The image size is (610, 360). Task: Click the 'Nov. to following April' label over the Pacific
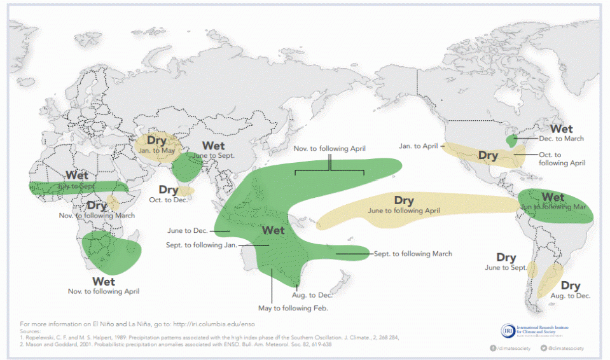coord(329,148)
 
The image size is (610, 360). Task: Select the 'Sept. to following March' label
coord(413,254)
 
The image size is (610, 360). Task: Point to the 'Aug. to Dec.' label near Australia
coord(312,295)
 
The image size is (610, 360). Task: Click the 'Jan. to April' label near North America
coord(419,146)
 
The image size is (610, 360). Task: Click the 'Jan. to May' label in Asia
coord(156,151)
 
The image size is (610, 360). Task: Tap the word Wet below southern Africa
coord(104,280)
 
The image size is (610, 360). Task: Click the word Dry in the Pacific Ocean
coord(404,201)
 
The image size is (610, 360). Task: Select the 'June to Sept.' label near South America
coord(506,268)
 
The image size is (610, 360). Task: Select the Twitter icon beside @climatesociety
coord(544,348)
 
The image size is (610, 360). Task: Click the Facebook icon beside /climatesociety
coord(493,348)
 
